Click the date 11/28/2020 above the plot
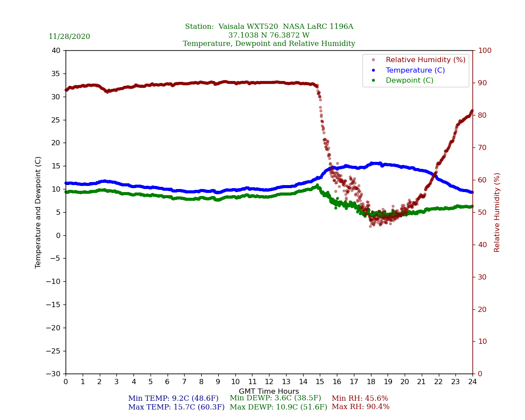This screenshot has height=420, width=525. (69, 37)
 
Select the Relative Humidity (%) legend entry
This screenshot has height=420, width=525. (425, 60)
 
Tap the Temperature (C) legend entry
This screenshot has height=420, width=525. (415, 70)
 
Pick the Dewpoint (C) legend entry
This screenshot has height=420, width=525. (409, 80)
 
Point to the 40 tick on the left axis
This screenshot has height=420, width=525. (56, 50)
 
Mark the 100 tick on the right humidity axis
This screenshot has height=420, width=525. (485, 50)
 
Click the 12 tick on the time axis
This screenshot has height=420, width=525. (269, 382)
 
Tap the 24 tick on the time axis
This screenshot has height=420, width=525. (472, 382)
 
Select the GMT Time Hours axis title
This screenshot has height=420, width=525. (269, 392)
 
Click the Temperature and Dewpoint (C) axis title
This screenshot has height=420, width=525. (38, 212)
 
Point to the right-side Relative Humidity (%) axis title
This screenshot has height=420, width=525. (497, 212)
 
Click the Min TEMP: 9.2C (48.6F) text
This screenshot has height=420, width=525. (173, 399)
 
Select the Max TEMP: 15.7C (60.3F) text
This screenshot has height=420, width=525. (176, 407)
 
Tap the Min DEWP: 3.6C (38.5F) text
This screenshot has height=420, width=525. (275, 398)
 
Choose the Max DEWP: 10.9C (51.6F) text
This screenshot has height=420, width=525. (278, 407)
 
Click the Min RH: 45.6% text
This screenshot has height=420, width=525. (360, 399)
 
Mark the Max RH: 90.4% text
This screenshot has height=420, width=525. (360, 407)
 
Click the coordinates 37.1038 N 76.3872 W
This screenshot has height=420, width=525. (269, 35)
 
